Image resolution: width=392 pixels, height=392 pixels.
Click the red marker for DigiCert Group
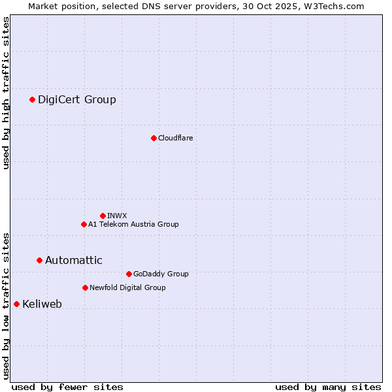click(x=32, y=99)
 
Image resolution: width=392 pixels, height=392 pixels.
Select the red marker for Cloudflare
click(x=154, y=138)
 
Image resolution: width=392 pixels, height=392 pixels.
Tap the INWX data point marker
click(x=103, y=216)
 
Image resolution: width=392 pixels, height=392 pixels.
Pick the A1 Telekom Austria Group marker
click(x=84, y=224)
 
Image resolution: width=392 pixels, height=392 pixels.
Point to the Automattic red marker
click(x=39, y=260)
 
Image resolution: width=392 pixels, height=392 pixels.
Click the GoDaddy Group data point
click(x=129, y=274)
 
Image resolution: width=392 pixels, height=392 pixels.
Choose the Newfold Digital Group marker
click(x=85, y=287)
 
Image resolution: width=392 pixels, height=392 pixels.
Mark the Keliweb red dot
click(x=16, y=304)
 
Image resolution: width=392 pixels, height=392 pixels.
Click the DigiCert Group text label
click(x=77, y=99)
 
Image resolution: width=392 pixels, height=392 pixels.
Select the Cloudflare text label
click(x=175, y=138)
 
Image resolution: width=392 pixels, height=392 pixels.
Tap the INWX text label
click(x=117, y=216)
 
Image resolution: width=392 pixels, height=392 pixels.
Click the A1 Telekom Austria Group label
click(x=133, y=224)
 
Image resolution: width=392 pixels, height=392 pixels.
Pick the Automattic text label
click(x=74, y=260)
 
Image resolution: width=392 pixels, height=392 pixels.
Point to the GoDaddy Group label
click(x=161, y=274)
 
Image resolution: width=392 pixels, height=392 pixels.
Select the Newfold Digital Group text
click(x=127, y=287)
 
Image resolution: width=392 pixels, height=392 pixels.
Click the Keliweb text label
click(x=42, y=304)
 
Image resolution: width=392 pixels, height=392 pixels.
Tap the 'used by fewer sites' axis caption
click(x=67, y=387)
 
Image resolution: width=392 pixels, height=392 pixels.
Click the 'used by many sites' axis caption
click(x=328, y=387)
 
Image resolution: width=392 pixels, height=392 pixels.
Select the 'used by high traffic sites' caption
click(x=6, y=93)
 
